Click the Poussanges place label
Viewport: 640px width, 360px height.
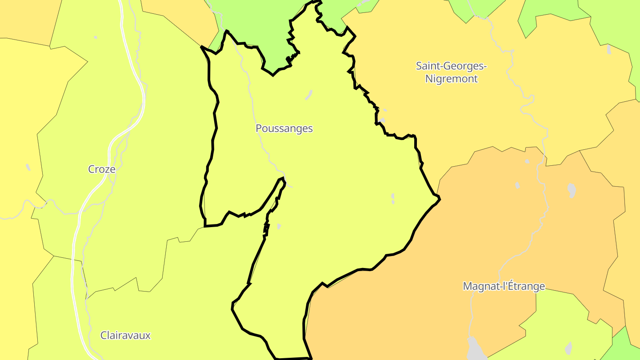click(x=284, y=128)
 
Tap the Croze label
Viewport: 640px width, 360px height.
click(x=102, y=169)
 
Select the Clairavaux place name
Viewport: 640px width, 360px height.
click(x=125, y=336)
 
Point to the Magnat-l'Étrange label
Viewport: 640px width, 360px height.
click(x=504, y=286)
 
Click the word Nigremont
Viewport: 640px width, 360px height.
click(x=451, y=79)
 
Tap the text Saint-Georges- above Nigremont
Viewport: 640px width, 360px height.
click(x=451, y=66)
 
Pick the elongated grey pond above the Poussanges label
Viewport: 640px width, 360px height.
click(x=308, y=95)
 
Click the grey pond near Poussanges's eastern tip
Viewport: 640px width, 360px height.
click(x=393, y=198)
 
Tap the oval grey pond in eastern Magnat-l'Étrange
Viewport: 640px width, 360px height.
click(x=572, y=190)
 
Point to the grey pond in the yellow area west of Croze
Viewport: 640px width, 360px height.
click(x=28, y=168)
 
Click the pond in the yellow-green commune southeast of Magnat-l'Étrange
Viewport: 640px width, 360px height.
click(x=568, y=347)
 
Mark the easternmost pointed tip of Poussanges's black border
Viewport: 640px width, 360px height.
click(x=440, y=199)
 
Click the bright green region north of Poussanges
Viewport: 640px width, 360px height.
click(x=258, y=22)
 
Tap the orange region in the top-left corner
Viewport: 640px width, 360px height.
click(x=22, y=18)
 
